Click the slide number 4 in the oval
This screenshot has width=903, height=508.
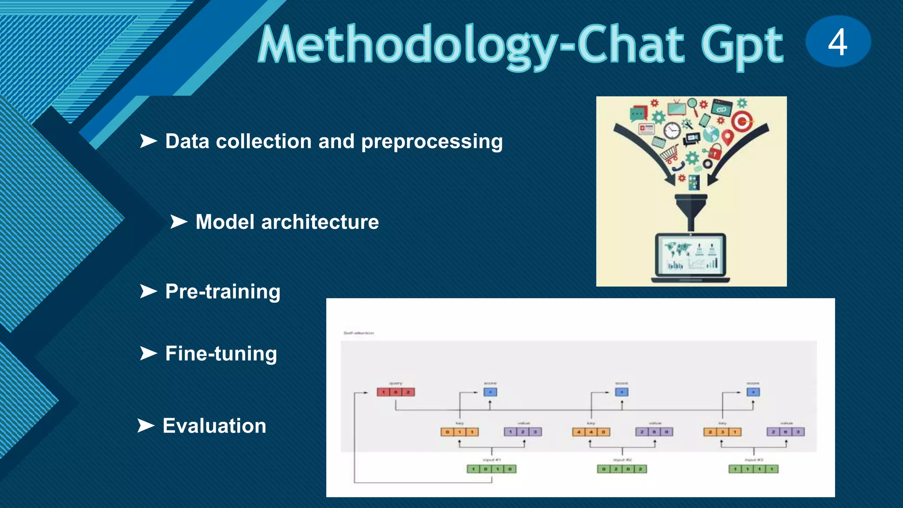coord(838,42)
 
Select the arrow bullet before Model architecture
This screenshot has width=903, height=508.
coord(179,221)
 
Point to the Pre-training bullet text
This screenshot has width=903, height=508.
coord(223,291)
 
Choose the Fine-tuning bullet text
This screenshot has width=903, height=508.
coord(221,354)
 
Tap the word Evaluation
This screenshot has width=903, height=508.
coord(214,426)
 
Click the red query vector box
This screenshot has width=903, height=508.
coord(396,392)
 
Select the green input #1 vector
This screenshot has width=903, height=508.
coord(491,469)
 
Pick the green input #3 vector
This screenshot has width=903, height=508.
coord(753,469)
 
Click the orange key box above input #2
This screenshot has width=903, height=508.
coord(591,432)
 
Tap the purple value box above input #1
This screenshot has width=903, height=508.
coord(522,432)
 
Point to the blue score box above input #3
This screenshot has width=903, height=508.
coord(753,392)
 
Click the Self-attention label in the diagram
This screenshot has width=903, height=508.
coord(358,333)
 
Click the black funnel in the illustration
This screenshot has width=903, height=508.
coord(691,209)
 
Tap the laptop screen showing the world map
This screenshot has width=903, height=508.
coord(690,256)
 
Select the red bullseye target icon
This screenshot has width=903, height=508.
coord(743,121)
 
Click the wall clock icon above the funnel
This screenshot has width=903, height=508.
coord(672,131)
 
